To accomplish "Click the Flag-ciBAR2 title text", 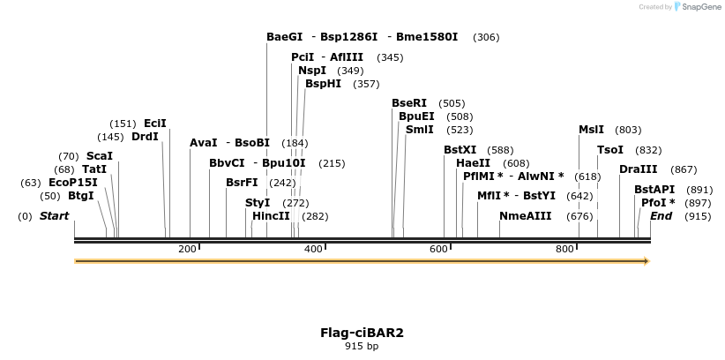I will pyautogui.click(x=362, y=333).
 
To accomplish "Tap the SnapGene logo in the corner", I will pyautogui.click(x=700, y=7).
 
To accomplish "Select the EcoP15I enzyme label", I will pyautogui.click(x=73, y=183).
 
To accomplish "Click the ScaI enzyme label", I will pyautogui.click(x=100, y=156).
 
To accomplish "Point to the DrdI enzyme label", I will pyautogui.click(x=145, y=137).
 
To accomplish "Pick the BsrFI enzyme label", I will pyautogui.click(x=242, y=183).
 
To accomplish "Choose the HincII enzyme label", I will pyautogui.click(x=271, y=216).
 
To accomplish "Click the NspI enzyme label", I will pyautogui.click(x=312, y=71).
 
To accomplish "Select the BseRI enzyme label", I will pyautogui.click(x=409, y=103).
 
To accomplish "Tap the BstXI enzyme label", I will pyautogui.click(x=460, y=150).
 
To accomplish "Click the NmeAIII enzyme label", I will pyautogui.click(x=525, y=216).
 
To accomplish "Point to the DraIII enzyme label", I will pyautogui.click(x=639, y=169).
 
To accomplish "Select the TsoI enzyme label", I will pyautogui.click(x=610, y=150).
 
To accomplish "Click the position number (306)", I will pyautogui.click(x=486, y=37).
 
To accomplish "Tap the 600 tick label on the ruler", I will pyautogui.click(x=438, y=250).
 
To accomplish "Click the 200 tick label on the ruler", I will pyautogui.click(x=187, y=250).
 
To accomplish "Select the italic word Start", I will pyautogui.click(x=54, y=216).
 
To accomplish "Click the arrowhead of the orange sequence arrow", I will pyautogui.click(x=647, y=261).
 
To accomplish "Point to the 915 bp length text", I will pyautogui.click(x=362, y=346).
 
